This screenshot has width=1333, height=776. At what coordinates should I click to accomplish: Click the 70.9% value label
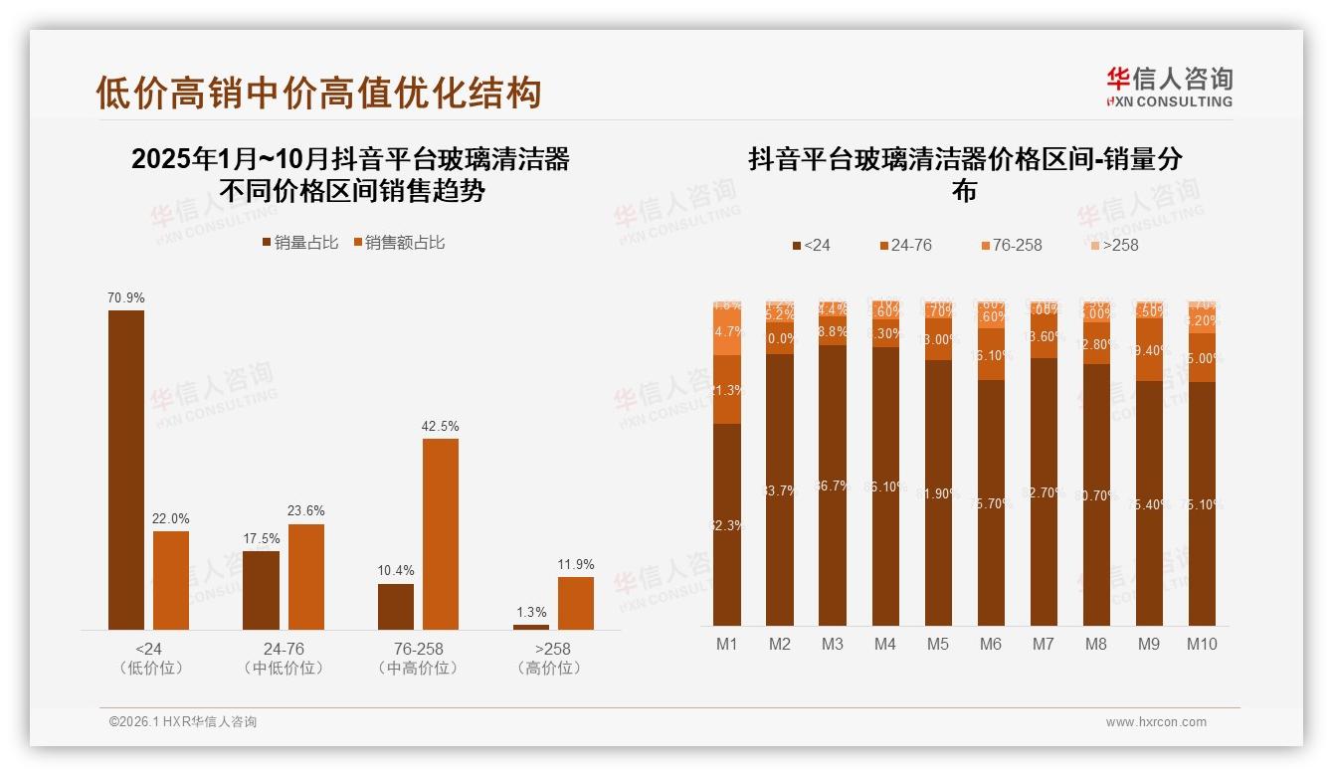[126, 297]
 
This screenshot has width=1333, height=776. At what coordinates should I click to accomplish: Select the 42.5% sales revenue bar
[441, 533]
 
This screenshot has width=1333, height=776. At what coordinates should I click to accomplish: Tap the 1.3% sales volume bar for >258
[531, 626]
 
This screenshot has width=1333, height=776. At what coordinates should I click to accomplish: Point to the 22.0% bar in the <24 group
[171, 579]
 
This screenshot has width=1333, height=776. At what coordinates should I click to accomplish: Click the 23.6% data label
[306, 510]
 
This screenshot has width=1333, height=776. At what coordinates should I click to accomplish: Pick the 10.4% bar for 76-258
[396, 606]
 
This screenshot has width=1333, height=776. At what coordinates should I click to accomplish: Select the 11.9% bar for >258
[576, 603]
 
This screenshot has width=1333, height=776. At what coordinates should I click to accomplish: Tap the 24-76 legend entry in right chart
[905, 245]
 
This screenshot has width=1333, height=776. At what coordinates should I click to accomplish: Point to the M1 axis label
[727, 644]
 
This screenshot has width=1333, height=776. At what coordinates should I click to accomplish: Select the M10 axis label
[1202, 644]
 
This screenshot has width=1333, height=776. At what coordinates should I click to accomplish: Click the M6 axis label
[991, 644]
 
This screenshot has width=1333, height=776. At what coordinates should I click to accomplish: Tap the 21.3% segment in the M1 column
[727, 390]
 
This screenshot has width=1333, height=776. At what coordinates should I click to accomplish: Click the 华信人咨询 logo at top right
[1169, 88]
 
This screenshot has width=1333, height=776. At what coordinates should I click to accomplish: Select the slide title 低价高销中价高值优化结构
[318, 93]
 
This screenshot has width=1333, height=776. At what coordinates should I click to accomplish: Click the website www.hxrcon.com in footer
[1156, 722]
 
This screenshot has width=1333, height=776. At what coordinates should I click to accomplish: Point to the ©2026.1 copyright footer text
[183, 722]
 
